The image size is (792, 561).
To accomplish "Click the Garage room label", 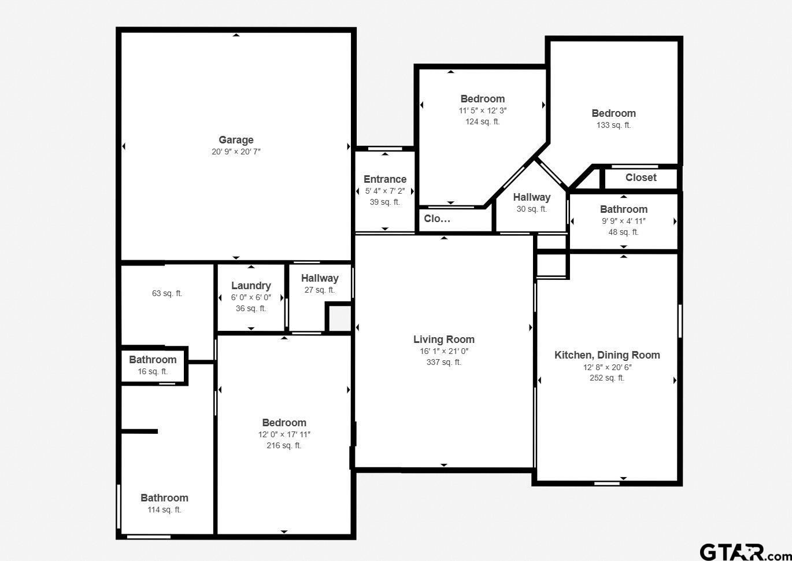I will [236, 140].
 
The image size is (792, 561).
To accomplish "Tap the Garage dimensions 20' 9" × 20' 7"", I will [236, 152].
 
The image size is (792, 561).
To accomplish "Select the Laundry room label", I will [251, 286].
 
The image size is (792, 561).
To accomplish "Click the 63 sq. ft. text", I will [167, 293].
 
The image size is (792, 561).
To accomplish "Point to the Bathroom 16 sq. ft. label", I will [153, 360].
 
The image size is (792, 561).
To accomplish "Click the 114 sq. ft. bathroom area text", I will [164, 510].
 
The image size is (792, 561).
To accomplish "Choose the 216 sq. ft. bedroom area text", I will [284, 445].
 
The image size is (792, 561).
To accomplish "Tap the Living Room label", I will [443, 339].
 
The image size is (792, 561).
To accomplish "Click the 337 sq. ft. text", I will [443, 362].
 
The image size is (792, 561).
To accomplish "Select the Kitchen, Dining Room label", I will [607, 355].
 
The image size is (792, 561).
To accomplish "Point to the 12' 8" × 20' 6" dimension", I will [607, 367].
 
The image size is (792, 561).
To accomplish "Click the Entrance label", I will [385, 179].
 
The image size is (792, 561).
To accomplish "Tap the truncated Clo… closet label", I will [437, 219].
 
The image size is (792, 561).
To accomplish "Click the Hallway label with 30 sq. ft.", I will [531, 197].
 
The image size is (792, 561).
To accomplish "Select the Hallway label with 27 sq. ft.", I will [320, 278].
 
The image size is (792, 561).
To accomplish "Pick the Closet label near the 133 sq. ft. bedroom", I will [641, 178].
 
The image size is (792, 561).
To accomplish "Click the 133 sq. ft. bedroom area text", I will [613, 125].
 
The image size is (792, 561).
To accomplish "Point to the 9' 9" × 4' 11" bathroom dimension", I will [623, 220].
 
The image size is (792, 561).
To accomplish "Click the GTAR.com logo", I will [743, 552].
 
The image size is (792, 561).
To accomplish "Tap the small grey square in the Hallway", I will [340, 318].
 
